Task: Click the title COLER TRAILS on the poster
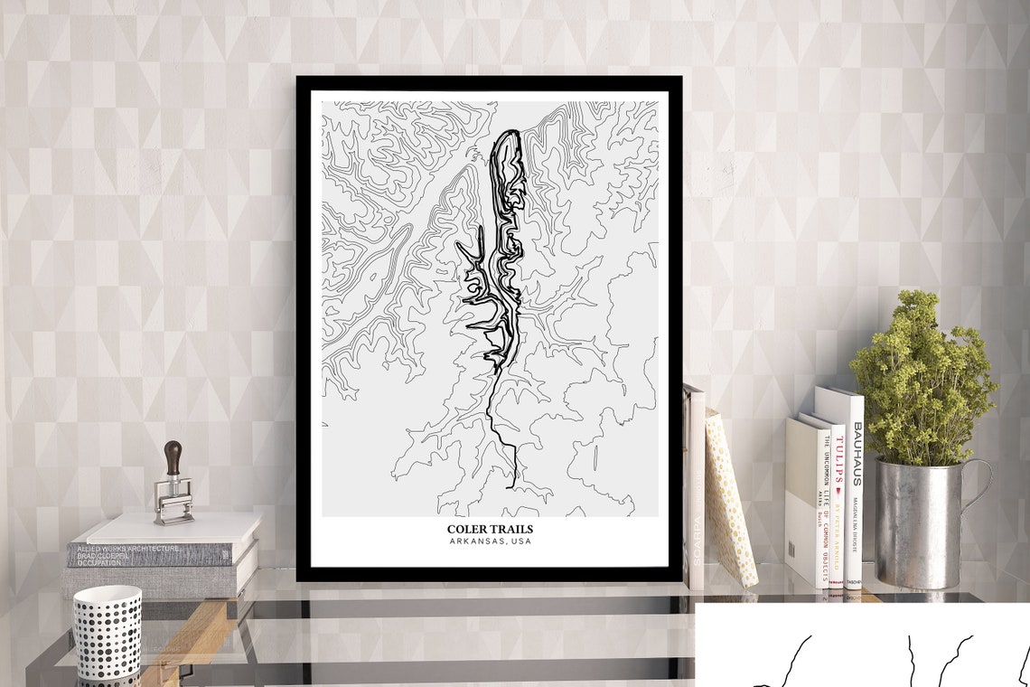click(x=490, y=529)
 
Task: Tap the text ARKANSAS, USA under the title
click(x=490, y=541)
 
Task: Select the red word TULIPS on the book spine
click(x=839, y=462)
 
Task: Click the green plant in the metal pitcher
click(x=922, y=380)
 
